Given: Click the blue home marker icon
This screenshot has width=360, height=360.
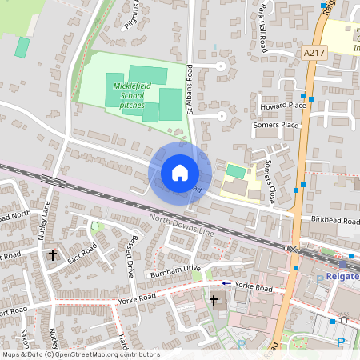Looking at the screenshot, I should point(179,173).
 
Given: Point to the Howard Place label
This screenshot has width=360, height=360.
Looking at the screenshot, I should point(283,105).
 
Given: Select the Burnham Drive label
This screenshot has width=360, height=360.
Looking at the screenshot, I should point(173,270).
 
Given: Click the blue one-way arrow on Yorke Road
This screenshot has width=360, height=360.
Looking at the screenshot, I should point(226,283).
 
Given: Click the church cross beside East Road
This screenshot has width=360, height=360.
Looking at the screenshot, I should point(54,255).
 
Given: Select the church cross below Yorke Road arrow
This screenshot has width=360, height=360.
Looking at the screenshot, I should point(214,300).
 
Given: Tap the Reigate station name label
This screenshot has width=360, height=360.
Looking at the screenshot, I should point(342,277).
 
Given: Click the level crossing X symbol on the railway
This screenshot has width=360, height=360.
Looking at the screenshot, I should point(293,250).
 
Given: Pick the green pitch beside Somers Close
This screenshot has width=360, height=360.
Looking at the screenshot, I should point(234,171).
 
